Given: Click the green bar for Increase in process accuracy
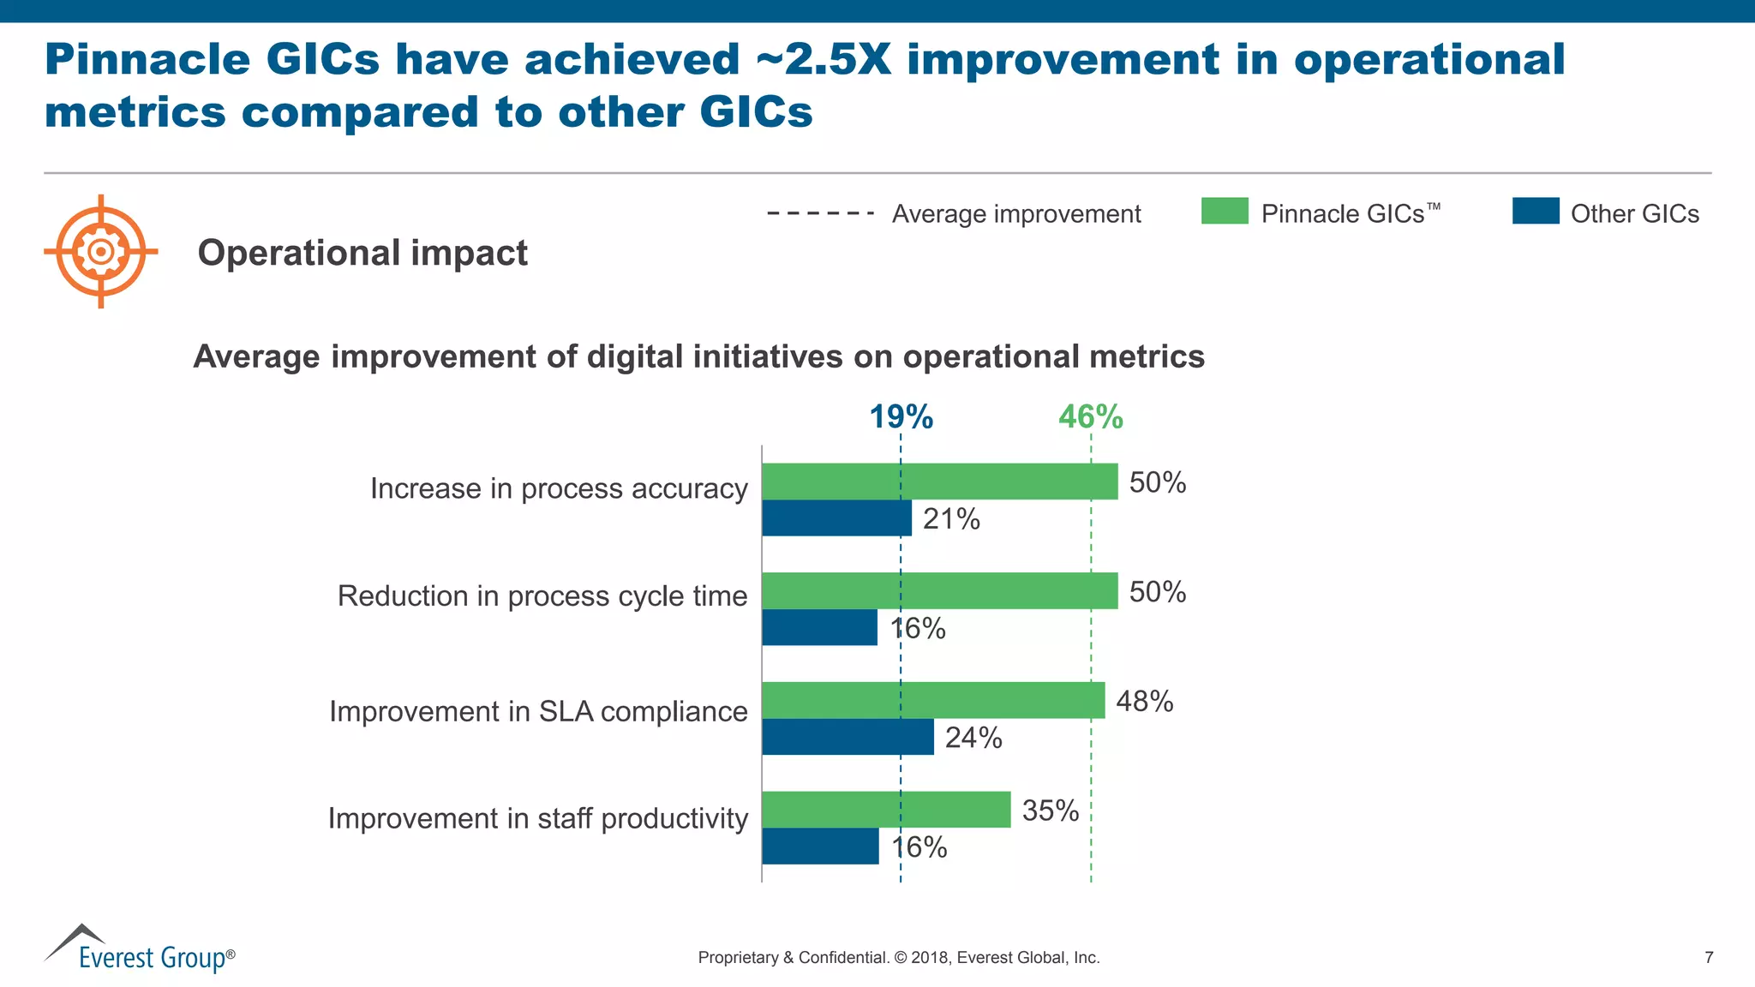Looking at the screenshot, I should click(x=939, y=482).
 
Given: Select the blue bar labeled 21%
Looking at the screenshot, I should click(x=836, y=518).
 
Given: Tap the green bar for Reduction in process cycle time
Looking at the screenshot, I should click(x=939, y=590).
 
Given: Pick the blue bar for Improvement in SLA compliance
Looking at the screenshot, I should click(x=847, y=737).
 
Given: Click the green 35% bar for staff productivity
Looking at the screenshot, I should click(x=885, y=810).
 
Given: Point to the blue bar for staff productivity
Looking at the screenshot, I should click(x=819, y=846).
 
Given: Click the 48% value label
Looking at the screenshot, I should click(x=1144, y=702).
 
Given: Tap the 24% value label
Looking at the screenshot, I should click(x=973, y=738).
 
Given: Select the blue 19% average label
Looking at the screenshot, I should click(x=901, y=417).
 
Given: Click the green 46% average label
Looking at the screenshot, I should click(x=1090, y=417).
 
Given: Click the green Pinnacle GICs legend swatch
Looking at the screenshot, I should click(x=1225, y=211).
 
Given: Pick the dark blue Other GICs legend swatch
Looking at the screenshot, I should click(x=1535, y=211).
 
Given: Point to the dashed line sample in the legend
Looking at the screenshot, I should click(x=820, y=213).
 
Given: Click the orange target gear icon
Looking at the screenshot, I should click(x=101, y=251).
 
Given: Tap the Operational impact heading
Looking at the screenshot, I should click(x=362, y=253).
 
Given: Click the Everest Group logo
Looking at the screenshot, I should click(x=139, y=949).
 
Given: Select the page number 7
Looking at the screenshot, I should click(x=1709, y=958).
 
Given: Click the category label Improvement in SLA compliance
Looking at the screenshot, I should click(x=538, y=711).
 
